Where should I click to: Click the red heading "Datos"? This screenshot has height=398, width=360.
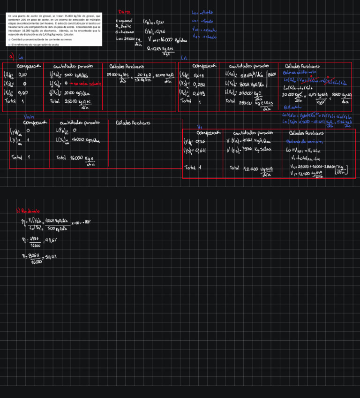point(124,12)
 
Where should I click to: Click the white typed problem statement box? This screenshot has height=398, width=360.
point(54,30)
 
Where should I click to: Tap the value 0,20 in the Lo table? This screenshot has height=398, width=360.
point(22,75)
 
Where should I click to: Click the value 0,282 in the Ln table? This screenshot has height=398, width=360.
point(199,84)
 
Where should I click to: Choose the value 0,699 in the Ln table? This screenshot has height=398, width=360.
point(199,93)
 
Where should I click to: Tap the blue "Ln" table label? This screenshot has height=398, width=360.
point(184,58)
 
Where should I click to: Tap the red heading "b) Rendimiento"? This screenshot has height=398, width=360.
point(28,211)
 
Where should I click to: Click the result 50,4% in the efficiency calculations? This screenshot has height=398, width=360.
point(51,257)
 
